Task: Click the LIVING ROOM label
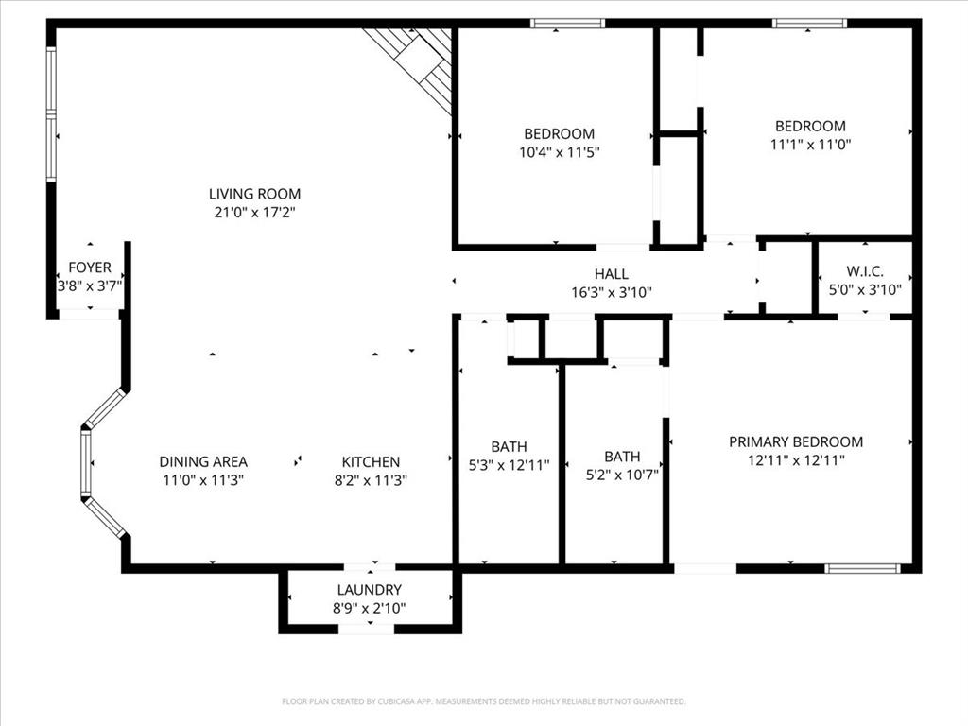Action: [x=254, y=194]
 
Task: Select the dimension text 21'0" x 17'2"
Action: [x=254, y=213]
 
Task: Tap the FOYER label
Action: [x=89, y=268]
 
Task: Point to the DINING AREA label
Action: [x=203, y=461]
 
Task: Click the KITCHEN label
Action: [x=370, y=461]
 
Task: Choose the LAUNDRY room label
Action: [x=370, y=590]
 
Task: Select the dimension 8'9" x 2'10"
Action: [x=370, y=608]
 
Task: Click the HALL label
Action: [x=611, y=274]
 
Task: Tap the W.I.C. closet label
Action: [x=865, y=271]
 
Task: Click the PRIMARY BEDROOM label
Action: [x=795, y=441]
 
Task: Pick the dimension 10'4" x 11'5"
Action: [x=560, y=151]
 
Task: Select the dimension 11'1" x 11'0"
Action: [x=810, y=144]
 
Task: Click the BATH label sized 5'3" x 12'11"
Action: [x=509, y=446]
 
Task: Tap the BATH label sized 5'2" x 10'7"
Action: [x=621, y=457]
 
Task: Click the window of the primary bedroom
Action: [x=862, y=568]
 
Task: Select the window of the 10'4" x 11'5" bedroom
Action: [x=566, y=24]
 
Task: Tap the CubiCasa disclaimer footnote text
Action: [x=483, y=701]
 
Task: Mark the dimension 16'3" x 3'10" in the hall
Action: [x=611, y=292]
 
